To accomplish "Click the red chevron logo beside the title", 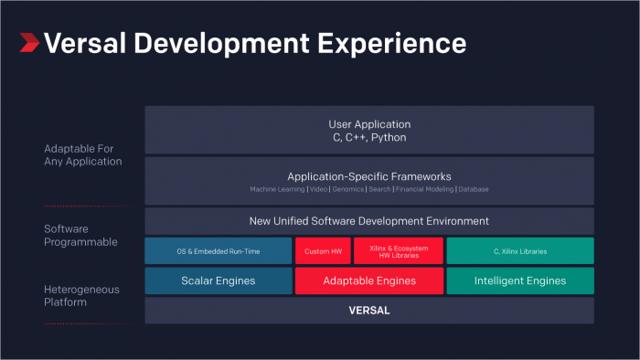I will tap(29, 42).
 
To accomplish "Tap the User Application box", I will tap(369, 130).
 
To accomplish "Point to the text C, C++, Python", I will tap(369, 137).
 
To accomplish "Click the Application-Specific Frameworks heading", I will tap(369, 176).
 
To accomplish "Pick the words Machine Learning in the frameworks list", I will tap(278, 189).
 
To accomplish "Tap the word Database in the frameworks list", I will tap(474, 189).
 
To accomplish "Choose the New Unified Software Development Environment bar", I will tap(369, 221).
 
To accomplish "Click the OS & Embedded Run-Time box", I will tap(219, 251).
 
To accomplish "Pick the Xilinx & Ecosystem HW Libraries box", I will tap(399, 251).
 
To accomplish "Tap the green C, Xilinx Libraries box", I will tap(520, 251).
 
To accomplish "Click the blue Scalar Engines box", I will tap(219, 281).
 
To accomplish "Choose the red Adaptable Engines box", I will tap(369, 281).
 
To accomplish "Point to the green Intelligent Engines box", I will tap(520, 281).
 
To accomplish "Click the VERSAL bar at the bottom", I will tap(369, 310).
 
